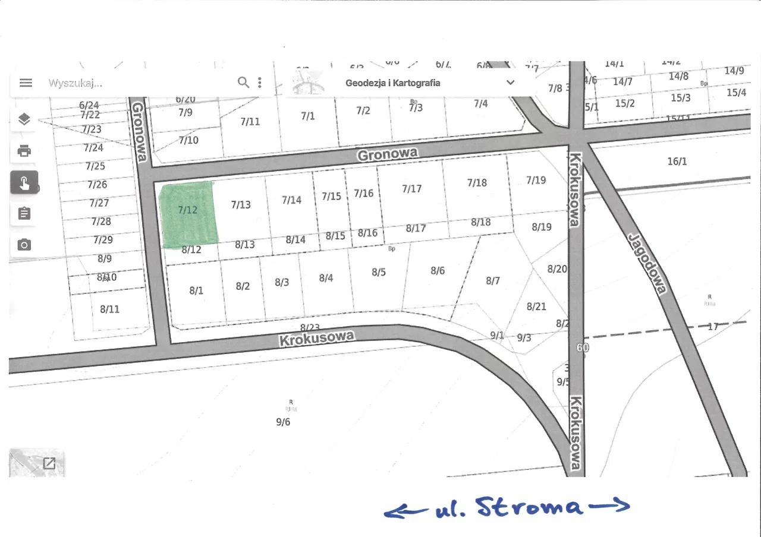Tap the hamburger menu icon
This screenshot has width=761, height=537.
point(26,83)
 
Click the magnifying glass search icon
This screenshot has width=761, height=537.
point(243,83)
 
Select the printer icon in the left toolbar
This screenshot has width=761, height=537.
point(24,151)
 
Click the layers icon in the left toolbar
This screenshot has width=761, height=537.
point(24,119)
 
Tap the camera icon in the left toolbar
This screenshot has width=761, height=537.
point(24,244)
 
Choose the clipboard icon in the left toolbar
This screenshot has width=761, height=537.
point(24,213)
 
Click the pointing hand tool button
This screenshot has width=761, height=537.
point(24,182)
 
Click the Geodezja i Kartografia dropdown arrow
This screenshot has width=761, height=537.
point(510,83)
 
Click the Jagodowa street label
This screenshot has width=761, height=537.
point(646,263)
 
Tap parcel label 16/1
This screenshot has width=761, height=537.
point(677,161)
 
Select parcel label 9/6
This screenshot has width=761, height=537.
point(283,422)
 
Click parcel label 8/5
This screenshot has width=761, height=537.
point(379,272)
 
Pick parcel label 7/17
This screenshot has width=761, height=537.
point(411,189)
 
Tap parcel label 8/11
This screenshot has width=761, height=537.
point(109,309)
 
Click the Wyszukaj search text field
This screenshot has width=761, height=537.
point(137,83)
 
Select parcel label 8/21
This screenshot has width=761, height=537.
point(536,307)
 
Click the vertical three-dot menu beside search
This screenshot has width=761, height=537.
point(260,83)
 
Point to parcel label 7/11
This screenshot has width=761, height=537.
point(250,122)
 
